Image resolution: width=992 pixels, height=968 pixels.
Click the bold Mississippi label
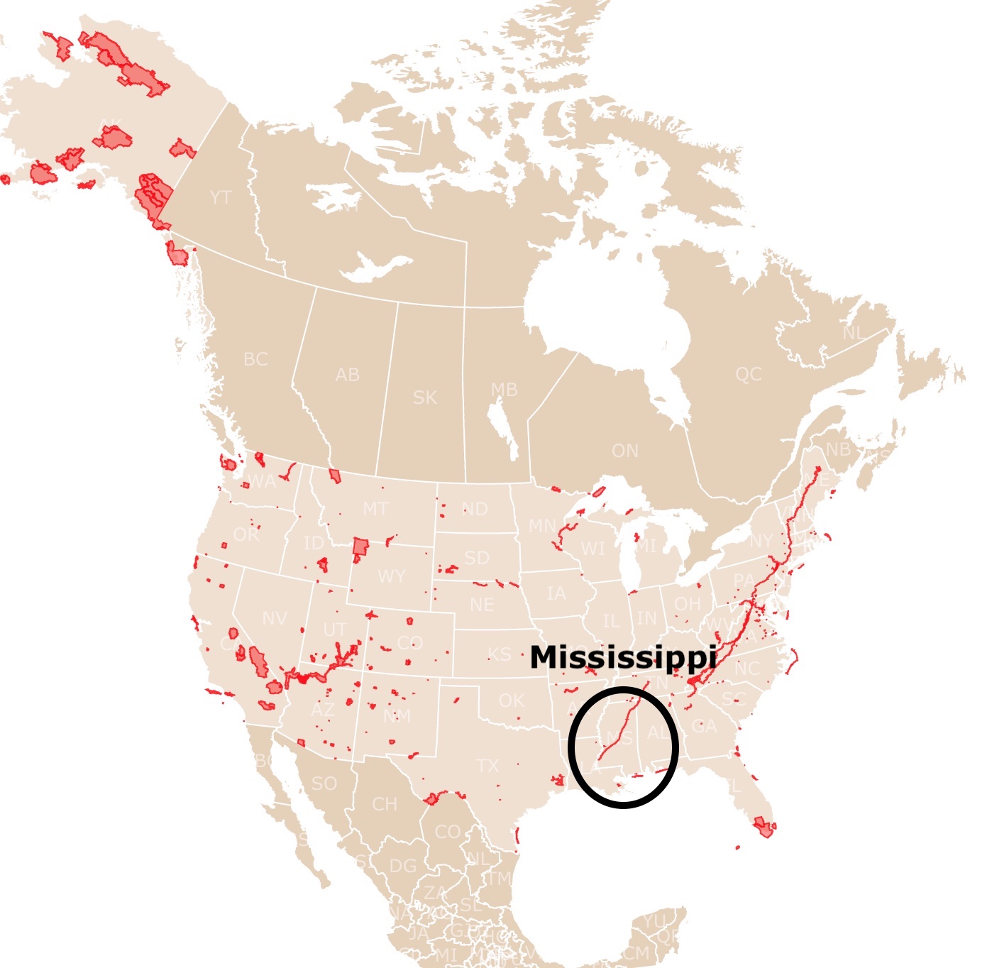(623, 657)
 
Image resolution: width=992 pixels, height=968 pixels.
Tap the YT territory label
(221, 197)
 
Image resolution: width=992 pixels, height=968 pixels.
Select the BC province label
(255, 359)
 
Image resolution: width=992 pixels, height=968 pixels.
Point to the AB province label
(347, 375)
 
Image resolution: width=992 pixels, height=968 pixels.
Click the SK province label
(425, 397)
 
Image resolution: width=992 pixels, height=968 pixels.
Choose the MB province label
(504, 390)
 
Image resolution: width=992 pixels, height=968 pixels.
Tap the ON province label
(625, 451)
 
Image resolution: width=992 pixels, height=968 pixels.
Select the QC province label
(749, 374)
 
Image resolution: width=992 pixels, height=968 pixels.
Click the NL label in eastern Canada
(854, 334)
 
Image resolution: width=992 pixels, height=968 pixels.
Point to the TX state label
(487, 766)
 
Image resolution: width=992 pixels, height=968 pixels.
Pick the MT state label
(375, 509)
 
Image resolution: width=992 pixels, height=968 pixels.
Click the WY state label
(392, 576)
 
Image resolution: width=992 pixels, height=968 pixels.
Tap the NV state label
(275, 619)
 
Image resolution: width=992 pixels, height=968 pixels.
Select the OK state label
(511, 700)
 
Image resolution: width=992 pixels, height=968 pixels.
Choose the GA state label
(704, 727)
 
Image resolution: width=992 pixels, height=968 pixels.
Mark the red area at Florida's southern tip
(764, 826)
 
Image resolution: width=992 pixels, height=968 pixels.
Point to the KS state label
(499, 654)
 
